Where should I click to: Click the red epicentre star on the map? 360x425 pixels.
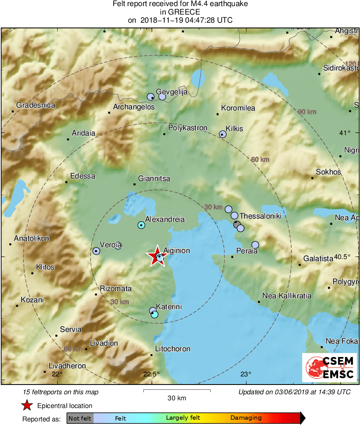156,256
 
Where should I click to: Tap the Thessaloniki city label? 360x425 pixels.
260,216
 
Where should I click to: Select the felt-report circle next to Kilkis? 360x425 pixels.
222,134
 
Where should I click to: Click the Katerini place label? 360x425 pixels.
169,307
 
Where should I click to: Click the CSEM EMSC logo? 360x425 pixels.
329,367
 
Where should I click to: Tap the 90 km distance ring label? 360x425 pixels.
307,111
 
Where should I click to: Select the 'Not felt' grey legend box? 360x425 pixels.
80,418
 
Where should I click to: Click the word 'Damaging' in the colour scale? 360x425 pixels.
246,418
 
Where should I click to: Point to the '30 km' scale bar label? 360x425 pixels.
177,398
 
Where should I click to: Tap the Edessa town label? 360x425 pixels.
83,176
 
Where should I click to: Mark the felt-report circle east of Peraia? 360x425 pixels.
255,244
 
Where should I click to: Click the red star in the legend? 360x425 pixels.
27,406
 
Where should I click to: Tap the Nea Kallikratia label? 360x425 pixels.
287,296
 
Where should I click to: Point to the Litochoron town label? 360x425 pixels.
173,349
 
